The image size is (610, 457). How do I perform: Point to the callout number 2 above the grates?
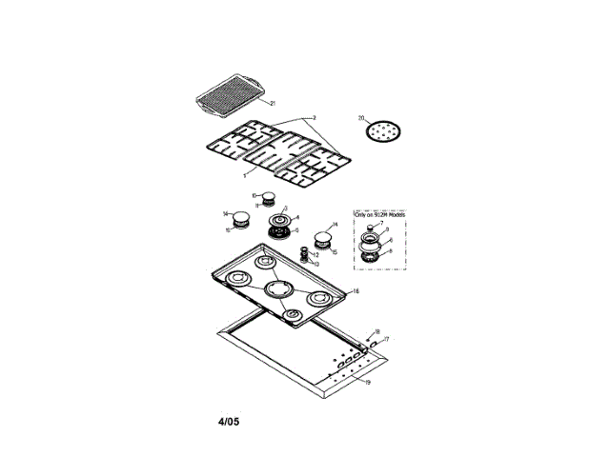pos(315,117)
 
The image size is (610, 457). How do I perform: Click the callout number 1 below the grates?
pos(244,174)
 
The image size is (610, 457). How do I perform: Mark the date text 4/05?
pos(226,420)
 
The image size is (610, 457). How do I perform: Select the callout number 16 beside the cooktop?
pos(356,290)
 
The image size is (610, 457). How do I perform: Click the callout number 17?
pos(387,339)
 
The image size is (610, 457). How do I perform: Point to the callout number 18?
pos(377,329)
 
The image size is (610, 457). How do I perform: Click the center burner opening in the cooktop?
pos(281,288)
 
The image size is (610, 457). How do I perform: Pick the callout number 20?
pos(361,119)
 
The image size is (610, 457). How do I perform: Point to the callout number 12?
pos(315,255)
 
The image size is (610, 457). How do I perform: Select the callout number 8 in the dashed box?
pos(389,251)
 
